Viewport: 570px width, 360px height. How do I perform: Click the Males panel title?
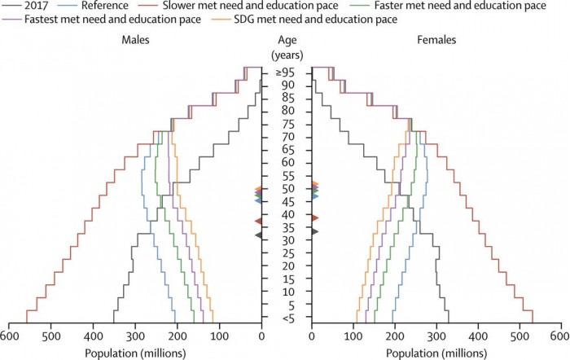pos(135,39)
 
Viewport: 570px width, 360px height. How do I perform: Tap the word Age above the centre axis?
pos(286,39)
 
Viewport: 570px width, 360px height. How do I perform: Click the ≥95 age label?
pos(286,72)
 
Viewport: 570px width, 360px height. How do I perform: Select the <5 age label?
pos(286,318)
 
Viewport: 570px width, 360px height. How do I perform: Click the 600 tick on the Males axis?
pos(9,335)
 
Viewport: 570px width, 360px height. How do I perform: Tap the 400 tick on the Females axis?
pos(477,335)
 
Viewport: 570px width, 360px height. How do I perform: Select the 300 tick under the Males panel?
pos(135,335)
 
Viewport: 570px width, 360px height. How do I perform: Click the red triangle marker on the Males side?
pos(258,221)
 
